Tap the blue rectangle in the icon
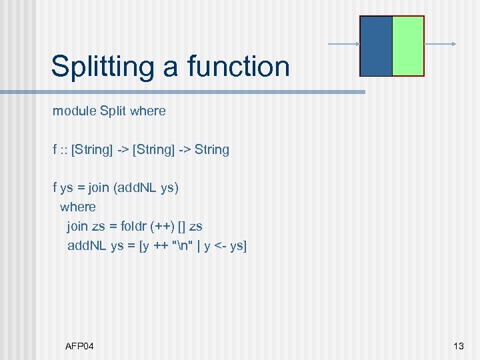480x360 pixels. pos(376,46)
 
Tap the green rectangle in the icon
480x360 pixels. pos(408,46)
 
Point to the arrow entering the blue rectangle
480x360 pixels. pos(343,45)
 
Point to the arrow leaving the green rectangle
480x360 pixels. pos(440,45)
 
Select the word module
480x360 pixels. pos(74,111)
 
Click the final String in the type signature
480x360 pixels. pos(212,150)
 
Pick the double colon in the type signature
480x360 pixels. pos(65,150)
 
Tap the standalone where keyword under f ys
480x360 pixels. pos(78,207)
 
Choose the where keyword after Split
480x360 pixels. pos(148,111)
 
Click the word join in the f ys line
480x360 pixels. pos(98,188)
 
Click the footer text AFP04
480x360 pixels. pos(79,346)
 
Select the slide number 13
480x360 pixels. pos(458,346)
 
